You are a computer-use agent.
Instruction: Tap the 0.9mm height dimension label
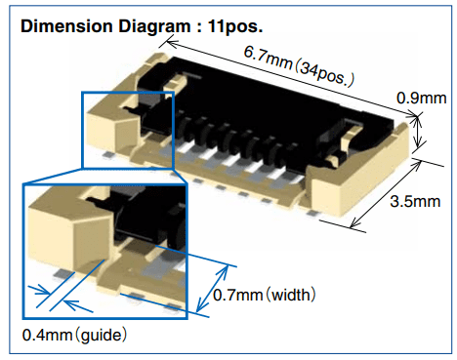pos(421,98)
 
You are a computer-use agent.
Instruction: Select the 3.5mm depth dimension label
pos(413,202)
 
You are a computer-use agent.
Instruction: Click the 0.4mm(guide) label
pos(74,335)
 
